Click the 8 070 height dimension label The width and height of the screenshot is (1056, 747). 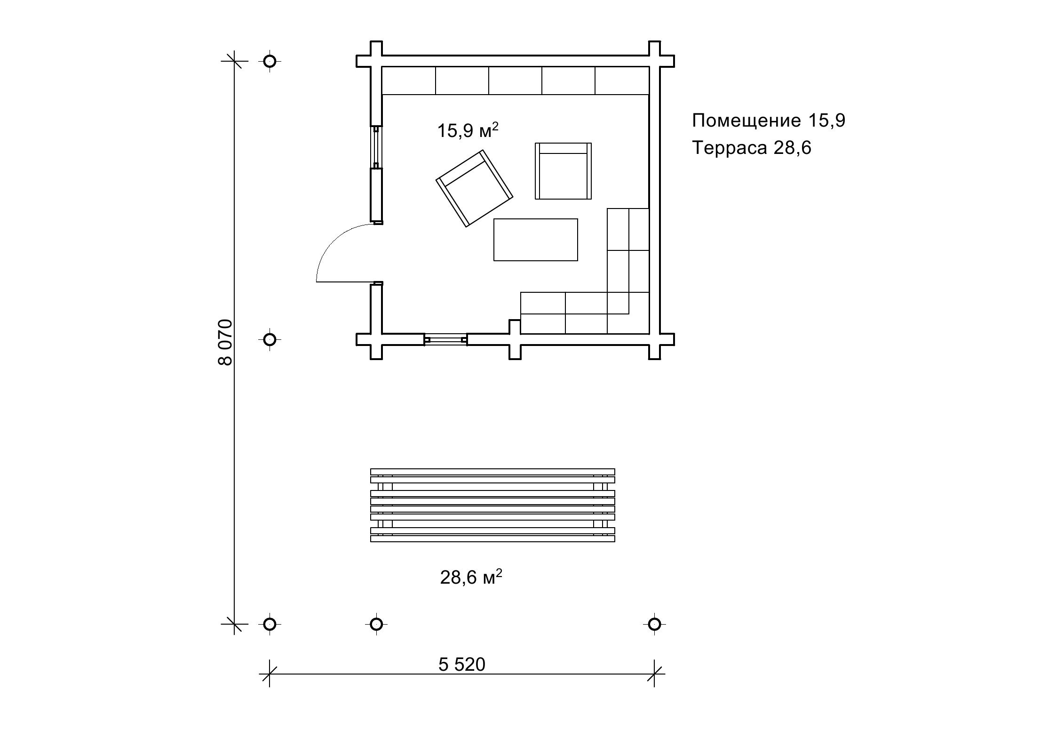coord(225,342)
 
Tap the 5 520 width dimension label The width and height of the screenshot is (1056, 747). coord(461,665)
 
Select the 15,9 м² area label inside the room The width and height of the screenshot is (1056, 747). coord(468,131)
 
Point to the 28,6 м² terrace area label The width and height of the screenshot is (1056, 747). coord(471,577)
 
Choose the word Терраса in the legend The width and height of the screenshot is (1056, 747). coord(730,148)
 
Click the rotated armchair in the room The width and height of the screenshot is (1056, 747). coord(475,188)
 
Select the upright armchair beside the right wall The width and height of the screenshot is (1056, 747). coord(563,171)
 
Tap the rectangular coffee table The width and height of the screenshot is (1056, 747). coord(536,240)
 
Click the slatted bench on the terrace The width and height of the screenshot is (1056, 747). coord(492,505)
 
